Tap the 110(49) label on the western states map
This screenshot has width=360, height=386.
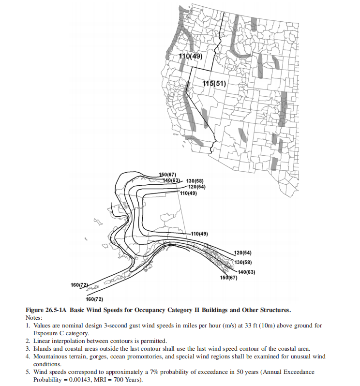tap(190, 56)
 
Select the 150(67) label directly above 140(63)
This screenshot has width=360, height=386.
tap(168, 174)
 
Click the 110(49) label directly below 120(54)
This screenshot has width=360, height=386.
tap(189, 193)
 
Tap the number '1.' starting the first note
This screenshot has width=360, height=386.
tap(28, 326)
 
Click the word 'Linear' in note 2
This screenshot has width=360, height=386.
tap(43, 341)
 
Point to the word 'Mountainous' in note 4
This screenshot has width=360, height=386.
tap(52, 356)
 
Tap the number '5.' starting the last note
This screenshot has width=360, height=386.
tap(28, 371)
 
